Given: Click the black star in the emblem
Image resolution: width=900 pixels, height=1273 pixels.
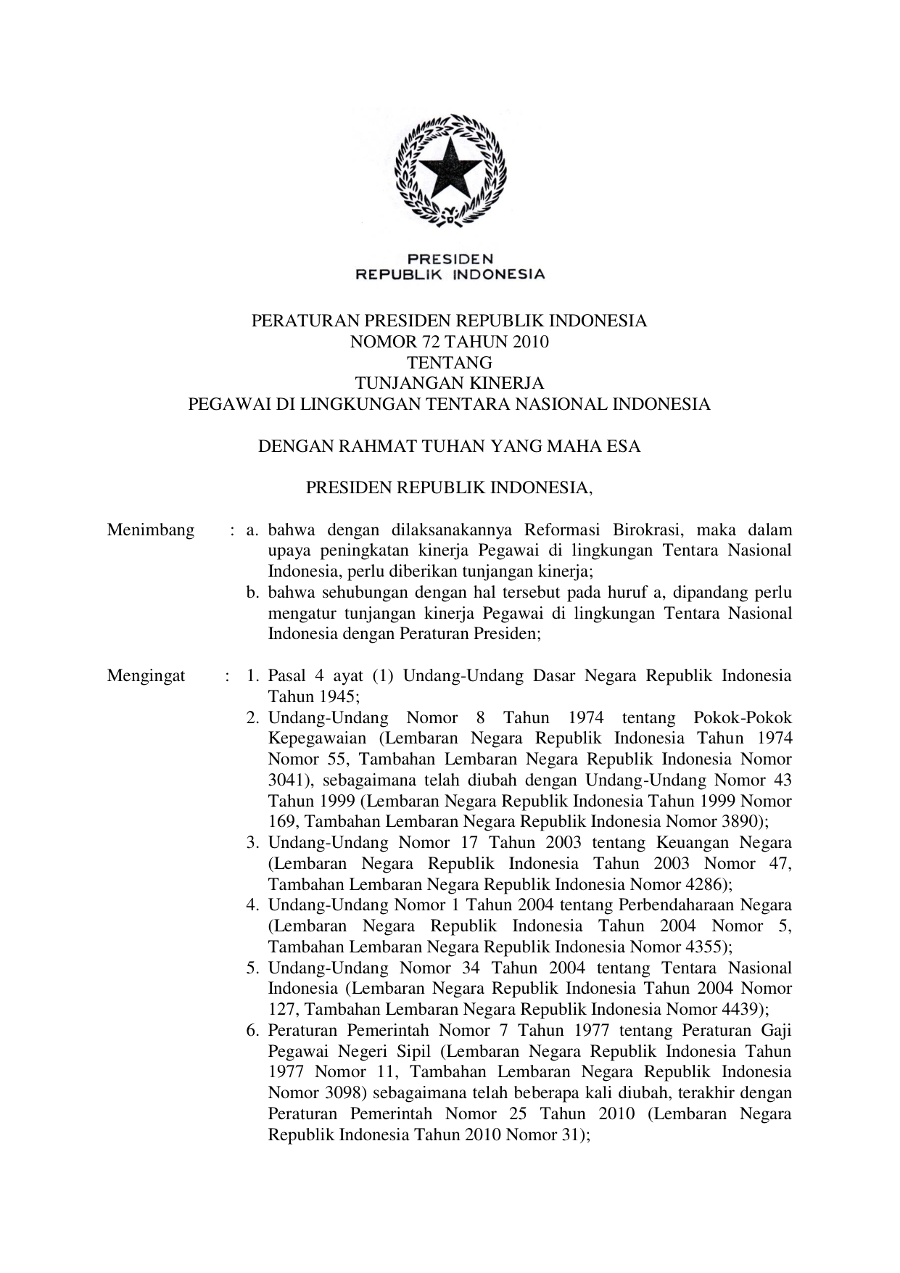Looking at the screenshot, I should click(x=450, y=168).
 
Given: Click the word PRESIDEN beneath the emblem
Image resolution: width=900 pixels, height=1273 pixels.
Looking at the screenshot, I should click(x=450, y=258).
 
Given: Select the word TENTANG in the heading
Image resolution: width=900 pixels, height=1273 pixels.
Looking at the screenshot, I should click(x=450, y=363).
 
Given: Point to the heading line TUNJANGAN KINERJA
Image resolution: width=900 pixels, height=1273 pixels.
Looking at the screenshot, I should click(x=450, y=384).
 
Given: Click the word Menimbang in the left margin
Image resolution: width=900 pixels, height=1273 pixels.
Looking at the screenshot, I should click(x=151, y=530).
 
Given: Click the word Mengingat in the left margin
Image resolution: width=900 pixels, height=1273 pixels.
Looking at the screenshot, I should click(x=146, y=677).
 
